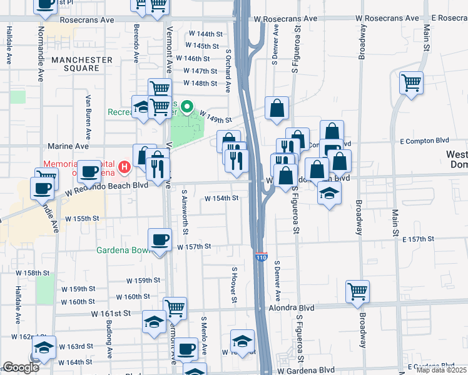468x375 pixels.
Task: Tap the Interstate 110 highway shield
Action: (x=262, y=257)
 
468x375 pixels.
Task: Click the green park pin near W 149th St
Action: (x=186, y=109)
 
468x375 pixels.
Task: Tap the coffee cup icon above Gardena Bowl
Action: (x=160, y=240)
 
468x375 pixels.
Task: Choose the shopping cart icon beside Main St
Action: (x=411, y=82)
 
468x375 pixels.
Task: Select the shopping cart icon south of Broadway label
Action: (x=357, y=291)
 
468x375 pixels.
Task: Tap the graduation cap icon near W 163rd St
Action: (x=44, y=347)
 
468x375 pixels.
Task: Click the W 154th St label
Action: (x=222, y=198)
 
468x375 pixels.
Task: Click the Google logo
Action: (x=21, y=367)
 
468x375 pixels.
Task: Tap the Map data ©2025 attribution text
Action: (x=440, y=370)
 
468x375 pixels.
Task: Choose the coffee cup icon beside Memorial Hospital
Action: (x=89, y=171)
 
